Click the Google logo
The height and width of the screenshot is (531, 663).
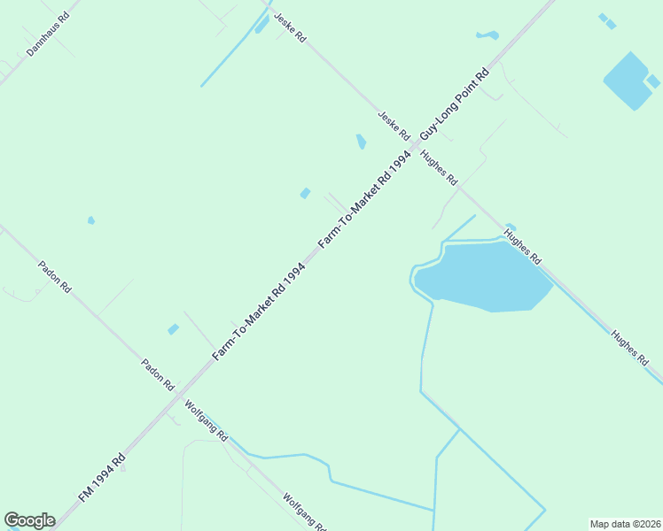tap(29, 520)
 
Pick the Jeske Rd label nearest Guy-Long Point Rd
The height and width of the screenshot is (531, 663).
tap(393, 127)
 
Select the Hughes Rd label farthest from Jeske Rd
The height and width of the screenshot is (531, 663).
tap(630, 348)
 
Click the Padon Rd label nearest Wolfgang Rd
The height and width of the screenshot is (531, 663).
tap(158, 375)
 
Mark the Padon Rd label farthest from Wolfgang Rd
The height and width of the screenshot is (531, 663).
tap(54, 277)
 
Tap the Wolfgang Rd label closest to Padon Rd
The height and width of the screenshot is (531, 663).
tap(207, 422)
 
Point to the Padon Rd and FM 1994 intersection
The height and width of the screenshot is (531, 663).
tap(179, 388)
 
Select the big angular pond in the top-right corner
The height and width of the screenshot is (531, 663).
tap(630, 81)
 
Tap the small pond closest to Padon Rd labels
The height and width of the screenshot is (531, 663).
tap(173, 329)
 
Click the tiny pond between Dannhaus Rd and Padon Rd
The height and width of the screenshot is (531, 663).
tap(90, 219)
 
